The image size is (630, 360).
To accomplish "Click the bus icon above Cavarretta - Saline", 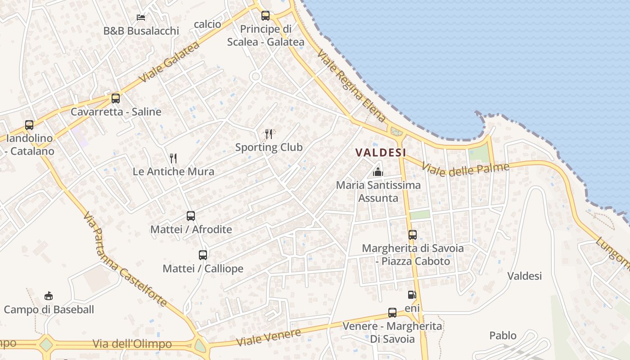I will click(x=116, y=98).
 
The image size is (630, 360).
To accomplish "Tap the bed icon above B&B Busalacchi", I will click(x=141, y=18).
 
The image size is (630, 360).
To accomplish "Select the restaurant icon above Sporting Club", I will click(x=269, y=134).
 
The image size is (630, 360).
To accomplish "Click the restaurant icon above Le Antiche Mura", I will click(x=173, y=158).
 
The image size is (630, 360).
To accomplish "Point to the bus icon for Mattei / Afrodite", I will click(x=191, y=216).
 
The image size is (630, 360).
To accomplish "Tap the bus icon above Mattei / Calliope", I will click(x=203, y=255).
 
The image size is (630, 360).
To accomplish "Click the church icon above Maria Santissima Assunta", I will click(x=378, y=171).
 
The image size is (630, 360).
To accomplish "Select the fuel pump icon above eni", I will click(x=412, y=295).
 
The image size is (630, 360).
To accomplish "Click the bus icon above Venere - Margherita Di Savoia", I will click(x=392, y=312).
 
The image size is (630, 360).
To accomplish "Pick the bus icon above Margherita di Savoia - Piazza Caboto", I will click(x=413, y=234).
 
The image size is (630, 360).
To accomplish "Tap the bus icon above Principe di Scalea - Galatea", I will click(x=265, y=16).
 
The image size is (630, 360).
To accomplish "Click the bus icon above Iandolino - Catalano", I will click(x=29, y=125).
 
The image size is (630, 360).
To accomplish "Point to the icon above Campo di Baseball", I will click(x=49, y=296).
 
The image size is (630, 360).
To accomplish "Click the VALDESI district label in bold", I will click(x=381, y=153).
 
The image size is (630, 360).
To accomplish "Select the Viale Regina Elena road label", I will click(x=351, y=86).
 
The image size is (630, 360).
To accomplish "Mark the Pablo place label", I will click(x=503, y=336).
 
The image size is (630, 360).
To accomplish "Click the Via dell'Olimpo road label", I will click(x=132, y=344).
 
